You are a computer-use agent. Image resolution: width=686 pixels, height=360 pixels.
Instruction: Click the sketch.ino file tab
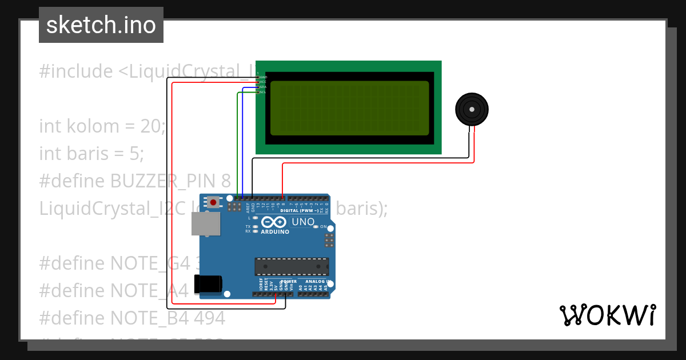[101, 25]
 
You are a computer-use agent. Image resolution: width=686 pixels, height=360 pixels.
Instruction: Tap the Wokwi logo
[607, 315]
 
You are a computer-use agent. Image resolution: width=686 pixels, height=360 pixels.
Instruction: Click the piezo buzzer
[472, 109]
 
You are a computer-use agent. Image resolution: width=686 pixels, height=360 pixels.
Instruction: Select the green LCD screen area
[349, 108]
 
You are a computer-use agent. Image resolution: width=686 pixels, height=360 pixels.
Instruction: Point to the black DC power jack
[208, 284]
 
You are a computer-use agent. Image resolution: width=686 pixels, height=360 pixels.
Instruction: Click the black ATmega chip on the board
[292, 266]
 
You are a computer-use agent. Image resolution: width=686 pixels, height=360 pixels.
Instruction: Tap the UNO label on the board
[303, 222]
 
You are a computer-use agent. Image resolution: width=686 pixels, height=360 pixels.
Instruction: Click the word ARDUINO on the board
[275, 232]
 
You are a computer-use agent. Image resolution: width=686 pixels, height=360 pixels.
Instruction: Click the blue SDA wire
[242, 143]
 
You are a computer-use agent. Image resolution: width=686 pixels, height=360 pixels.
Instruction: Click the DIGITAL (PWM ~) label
[304, 210]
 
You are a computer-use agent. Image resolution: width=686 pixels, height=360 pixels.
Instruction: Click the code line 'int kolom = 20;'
[102, 126]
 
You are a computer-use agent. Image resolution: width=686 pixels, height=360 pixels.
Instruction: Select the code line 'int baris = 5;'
[91, 153]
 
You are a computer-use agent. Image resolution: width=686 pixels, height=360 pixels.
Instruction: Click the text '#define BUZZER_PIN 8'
[135, 181]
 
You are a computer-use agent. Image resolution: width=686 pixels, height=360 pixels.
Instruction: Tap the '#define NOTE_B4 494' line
[132, 318]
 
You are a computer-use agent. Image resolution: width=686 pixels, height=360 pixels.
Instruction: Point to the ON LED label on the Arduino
[323, 227]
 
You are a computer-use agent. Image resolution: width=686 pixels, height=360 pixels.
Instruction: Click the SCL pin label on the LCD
[262, 92]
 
